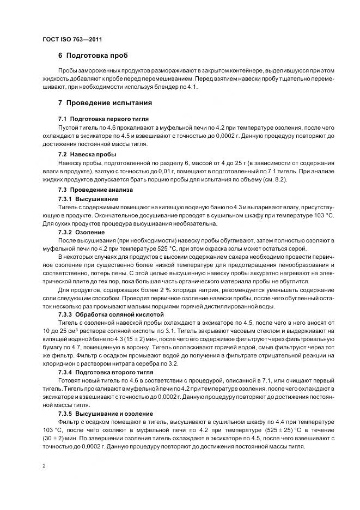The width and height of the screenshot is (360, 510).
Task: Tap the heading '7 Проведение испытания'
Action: point(105,102)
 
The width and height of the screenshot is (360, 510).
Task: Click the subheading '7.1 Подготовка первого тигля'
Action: point(103,119)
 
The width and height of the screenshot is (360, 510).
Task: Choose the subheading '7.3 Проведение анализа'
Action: point(94,190)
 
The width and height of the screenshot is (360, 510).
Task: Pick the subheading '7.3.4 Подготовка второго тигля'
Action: point(108,372)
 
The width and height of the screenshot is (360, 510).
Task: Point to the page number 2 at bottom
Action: point(44,466)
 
